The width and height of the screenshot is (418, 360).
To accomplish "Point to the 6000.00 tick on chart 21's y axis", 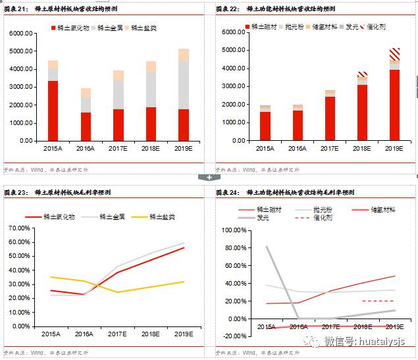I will tap(22, 33).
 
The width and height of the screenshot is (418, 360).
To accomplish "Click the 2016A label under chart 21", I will tap(86, 149).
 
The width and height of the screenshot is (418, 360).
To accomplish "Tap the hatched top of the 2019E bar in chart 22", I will tap(394, 53).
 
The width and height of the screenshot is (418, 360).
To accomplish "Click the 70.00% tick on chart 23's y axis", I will tap(22, 228).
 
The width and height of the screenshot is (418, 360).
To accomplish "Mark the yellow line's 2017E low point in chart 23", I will tap(118, 292).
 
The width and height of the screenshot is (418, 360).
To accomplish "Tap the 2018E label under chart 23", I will tap(151, 334).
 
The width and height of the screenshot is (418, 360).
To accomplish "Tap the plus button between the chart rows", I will tap(209, 177).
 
